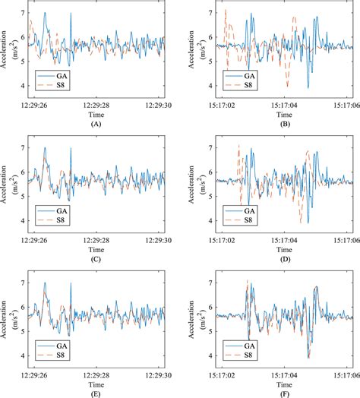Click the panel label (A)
(x=96, y=123)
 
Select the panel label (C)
(x=96, y=257)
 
